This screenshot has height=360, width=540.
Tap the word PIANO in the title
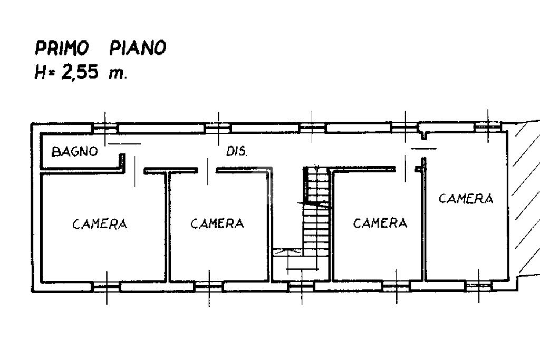pos(138,48)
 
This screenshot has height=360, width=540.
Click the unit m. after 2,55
pos(118,73)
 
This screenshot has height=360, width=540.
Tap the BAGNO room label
pos(74,152)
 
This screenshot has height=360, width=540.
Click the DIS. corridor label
pos(237,152)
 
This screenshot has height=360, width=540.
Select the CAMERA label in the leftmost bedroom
pos(100,224)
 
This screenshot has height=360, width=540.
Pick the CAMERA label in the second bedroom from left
pos(217,223)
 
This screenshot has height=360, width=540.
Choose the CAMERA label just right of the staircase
pos(380,223)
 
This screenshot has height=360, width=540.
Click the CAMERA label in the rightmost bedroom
pos(466,199)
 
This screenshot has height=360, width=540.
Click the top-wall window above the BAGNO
pos(105,128)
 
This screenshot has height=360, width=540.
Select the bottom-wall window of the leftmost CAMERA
pos(107,287)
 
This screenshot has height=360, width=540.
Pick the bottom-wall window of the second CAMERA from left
pos(209,287)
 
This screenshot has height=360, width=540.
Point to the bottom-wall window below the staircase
pos(302,287)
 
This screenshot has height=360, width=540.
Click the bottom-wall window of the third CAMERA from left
pos(396,287)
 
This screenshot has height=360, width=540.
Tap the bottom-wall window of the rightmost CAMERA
pos(479,287)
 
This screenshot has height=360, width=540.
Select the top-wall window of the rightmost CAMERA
pos(488,127)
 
